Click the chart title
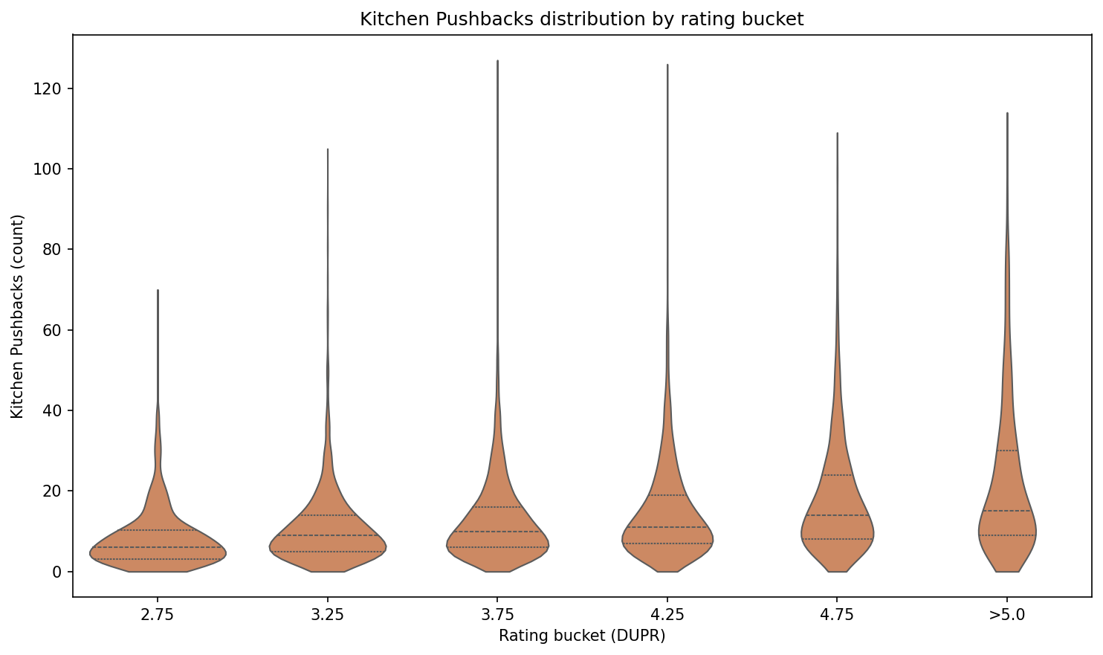tap(581, 19)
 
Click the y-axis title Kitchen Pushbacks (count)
tap(18, 316)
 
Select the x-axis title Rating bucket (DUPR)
tap(581, 636)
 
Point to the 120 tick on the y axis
tap(51, 88)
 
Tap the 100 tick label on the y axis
tap(51, 170)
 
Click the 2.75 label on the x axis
tap(158, 616)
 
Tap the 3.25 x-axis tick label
tap(328, 616)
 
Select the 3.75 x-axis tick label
tap(497, 616)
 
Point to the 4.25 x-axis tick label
tap(667, 616)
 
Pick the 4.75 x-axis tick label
tap(837, 616)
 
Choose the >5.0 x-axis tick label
tap(1006, 616)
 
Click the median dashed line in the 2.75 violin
tap(158, 547)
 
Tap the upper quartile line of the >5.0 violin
tap(1007, 451)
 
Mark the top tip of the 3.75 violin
tap(497, 61)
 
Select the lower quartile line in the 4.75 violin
tap(837, 539)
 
